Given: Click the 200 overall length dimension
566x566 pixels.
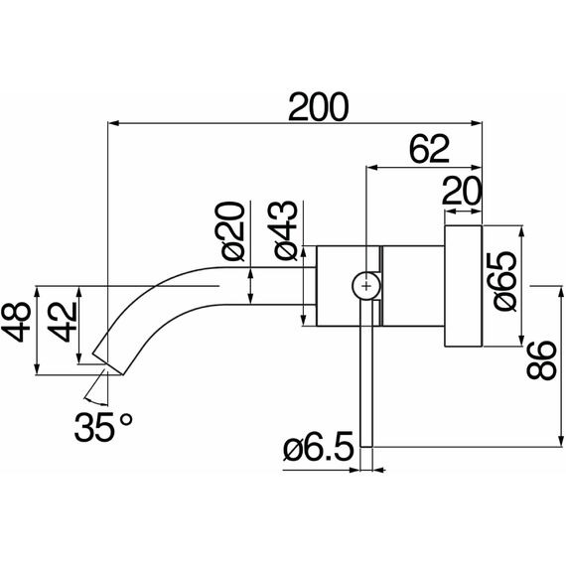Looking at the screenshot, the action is [x=319, y=107].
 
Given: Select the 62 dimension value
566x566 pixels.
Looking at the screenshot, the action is [x=430, y=149].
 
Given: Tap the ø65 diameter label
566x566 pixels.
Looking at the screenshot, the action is [x=505, y=281].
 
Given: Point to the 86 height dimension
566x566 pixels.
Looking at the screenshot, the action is [x=540, y=360].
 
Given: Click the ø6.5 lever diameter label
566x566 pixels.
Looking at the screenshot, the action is [x=319, y=446].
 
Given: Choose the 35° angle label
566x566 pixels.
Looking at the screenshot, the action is [x=103, y=428].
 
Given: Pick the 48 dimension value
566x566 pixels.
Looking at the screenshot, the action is [x=17, y=323].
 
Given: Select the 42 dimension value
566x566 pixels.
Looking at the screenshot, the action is [x=64, y=323].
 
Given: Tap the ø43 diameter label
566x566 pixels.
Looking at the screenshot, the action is [x=285, y=231].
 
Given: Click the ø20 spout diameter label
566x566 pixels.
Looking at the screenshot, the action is [x=232, y=231].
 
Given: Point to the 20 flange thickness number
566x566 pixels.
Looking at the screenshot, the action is [x=462, y=192].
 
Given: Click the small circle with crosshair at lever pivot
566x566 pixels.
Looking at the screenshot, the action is [x=366, y=286].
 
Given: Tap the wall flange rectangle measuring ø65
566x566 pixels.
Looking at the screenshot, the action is [x=463, y=287].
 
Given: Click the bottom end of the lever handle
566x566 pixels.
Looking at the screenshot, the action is [x=366, y=447].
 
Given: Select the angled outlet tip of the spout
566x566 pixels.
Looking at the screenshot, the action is [x=108, y=363].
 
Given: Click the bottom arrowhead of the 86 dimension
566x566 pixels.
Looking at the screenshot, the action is [x=561, y=441].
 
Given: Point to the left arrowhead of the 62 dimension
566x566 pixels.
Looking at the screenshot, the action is [x=371, y=167].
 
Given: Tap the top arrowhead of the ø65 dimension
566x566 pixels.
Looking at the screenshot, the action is [x=521, y=231].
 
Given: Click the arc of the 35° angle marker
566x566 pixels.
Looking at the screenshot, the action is [x=95, y=401].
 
